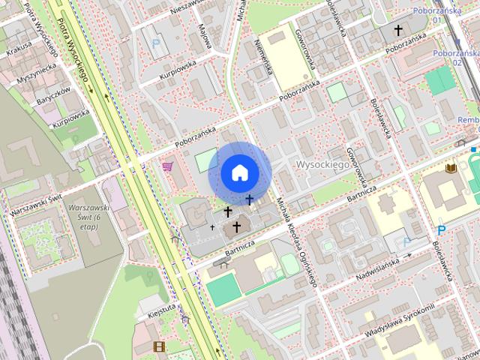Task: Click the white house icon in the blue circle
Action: [x=239, y=172]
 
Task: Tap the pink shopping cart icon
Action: [x=168, y=166]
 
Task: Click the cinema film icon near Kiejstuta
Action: [x=158, y=346]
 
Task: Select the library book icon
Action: [x=451, y=169]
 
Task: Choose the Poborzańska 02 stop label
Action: [x=456, y=58]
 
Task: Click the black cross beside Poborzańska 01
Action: [x=398, y=31]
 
